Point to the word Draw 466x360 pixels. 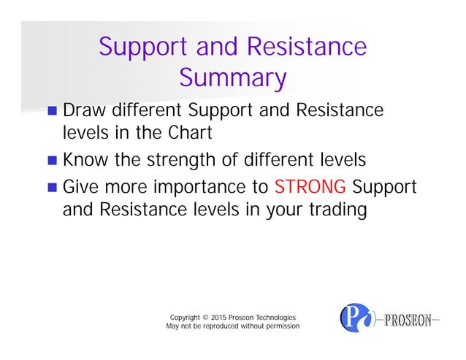click(x=85, y=111)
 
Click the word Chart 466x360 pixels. click(x=191, y=134)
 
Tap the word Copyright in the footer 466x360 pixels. click(x=186, y=318)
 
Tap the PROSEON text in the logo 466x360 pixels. click(x=411, y=319)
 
